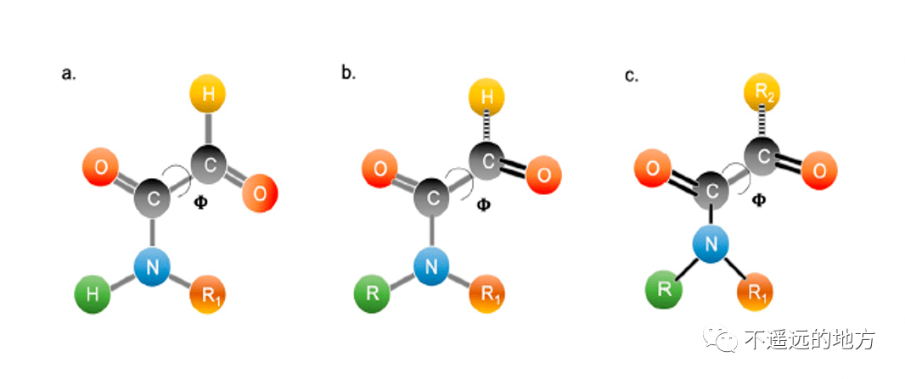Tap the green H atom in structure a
pyautogui.click(x=94, y=295)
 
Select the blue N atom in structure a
pyautogui.click(x=153, y=267)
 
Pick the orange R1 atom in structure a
pyautogui.click(x=208, y=295)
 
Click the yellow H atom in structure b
pyautogui.click(x=487, y=97)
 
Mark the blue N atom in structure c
pyautogui.click(x=711, y=244)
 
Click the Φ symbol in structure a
pyautogui.click(x=201, y=203)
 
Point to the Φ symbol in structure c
pyautogui.click(x=759, y=200)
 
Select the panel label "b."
pyautogui.click(x=348, y=73)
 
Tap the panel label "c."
pyautogui.click(x=631, y=76)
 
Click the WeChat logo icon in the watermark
pyautogui.click(x=726, y=340)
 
